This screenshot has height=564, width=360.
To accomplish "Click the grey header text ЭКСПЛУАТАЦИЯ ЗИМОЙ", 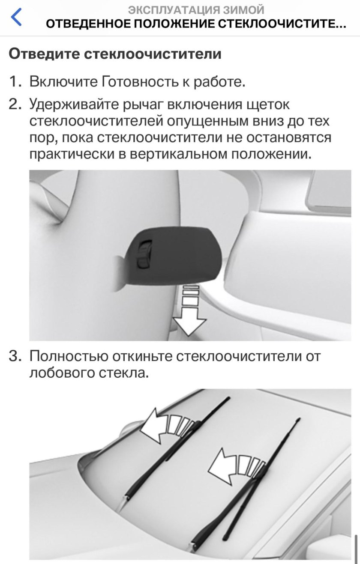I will point(196,9).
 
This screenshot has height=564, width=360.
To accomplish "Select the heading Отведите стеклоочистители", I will point(115,54).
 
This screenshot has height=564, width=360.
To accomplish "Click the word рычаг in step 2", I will point(143,104).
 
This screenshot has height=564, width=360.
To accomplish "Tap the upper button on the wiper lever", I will point(145,248).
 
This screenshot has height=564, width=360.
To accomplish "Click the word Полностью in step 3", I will point(68,356).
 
